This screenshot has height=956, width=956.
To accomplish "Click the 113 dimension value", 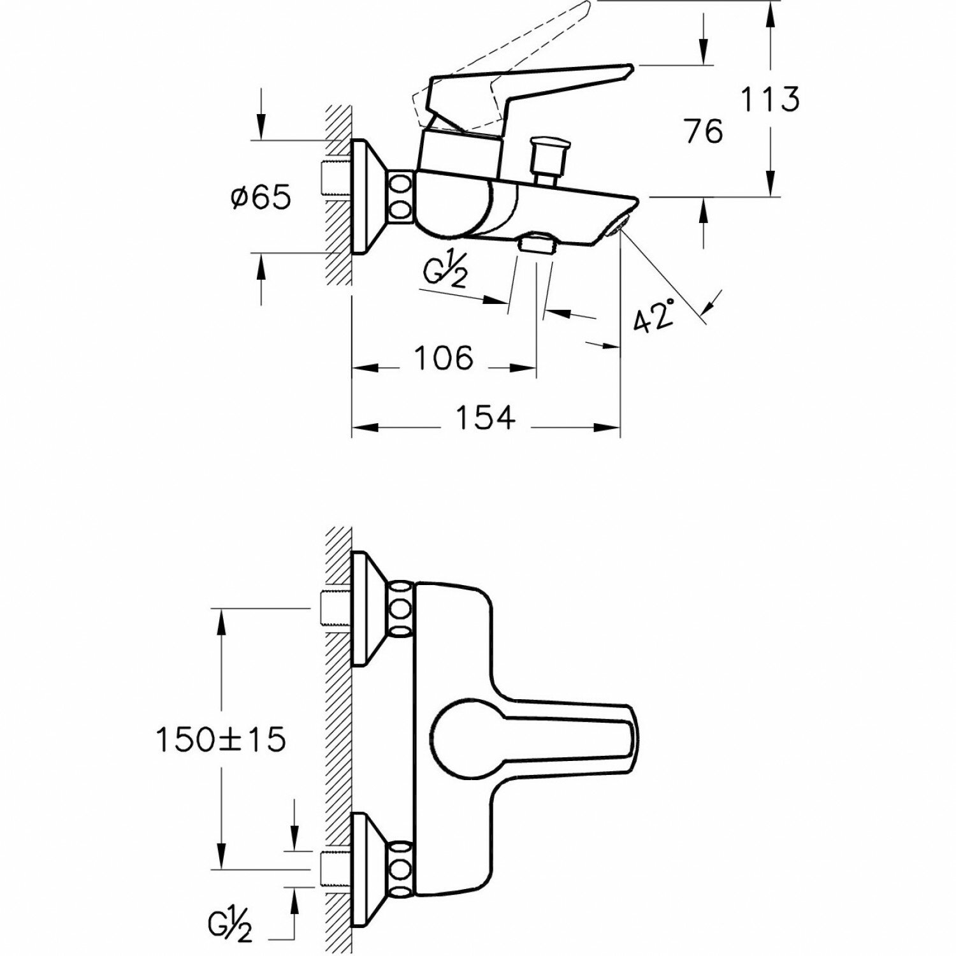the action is pyautogui.click(x=769, y=100).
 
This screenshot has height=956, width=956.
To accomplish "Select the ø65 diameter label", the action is pyautogui.click(x=261, y=198).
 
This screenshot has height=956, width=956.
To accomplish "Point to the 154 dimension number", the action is pyautogui.click(x=485, y=418).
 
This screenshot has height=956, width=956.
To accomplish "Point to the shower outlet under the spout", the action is pyautogui.click(x=537, y=242).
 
